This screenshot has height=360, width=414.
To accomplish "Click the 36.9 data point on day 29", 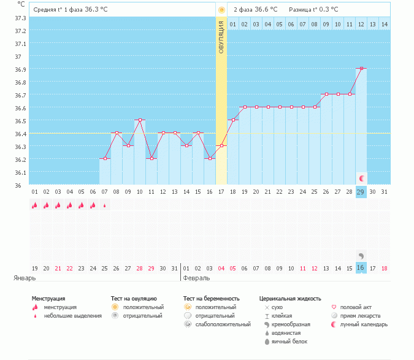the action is [x=361, y=68].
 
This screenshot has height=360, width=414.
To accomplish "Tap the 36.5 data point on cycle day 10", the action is [x=140, y=120].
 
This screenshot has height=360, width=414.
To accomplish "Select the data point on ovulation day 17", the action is [x=221, y=145].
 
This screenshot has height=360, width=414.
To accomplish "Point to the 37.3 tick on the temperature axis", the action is [x=20, y=18].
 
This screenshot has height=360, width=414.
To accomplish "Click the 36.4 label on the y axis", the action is [x=20, y=134].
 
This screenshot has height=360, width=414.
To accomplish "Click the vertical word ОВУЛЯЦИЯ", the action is [x=221, y=37].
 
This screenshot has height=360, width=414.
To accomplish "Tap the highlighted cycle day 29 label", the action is [x=361, y=192].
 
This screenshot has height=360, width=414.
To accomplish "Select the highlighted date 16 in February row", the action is [x=361, y=268].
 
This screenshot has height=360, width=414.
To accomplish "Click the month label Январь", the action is [x=25, y=278].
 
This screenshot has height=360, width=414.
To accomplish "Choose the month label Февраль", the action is [x=196, y=278].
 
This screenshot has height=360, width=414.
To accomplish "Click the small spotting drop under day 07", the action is [x=104, y=205].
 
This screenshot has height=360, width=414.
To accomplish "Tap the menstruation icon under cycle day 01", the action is [x=34, y=205].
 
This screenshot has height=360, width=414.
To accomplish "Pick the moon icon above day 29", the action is [x=362, y=178].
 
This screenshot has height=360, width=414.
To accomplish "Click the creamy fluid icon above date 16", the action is [x=361, y=256].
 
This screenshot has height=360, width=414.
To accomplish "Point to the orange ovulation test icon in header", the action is [x=221, y=10].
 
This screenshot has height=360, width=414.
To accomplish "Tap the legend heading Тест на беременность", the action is [x=211, y=299].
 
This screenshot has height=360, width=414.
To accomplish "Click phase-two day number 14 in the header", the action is [x=385, y=25].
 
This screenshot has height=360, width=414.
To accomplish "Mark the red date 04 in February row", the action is [x=221, y=269].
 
